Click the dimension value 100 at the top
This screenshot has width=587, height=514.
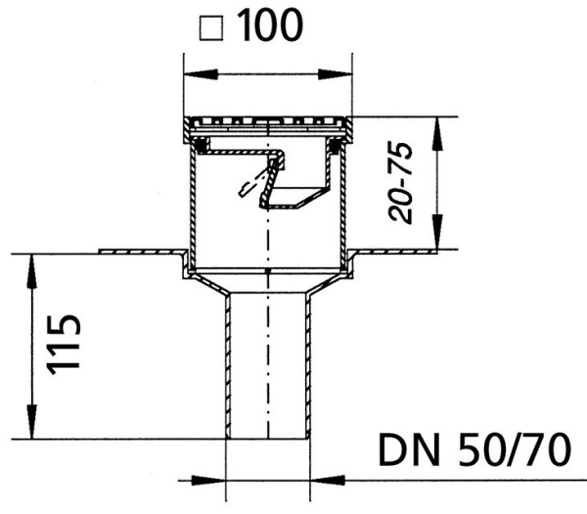coord(270,25)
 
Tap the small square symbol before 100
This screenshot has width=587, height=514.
coord(211,27)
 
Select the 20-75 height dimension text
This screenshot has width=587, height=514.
coord(400,182)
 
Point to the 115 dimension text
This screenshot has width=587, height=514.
coord(64,345)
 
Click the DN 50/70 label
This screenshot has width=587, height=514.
coord(474,449)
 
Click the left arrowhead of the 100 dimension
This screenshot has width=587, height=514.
coord(201,73)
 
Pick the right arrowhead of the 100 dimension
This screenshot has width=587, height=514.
coord(335,73)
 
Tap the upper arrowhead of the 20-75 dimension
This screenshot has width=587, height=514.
coord(437,134)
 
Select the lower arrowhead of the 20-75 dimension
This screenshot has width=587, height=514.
coord(437,232)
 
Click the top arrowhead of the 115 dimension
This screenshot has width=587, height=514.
coord(32,271)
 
